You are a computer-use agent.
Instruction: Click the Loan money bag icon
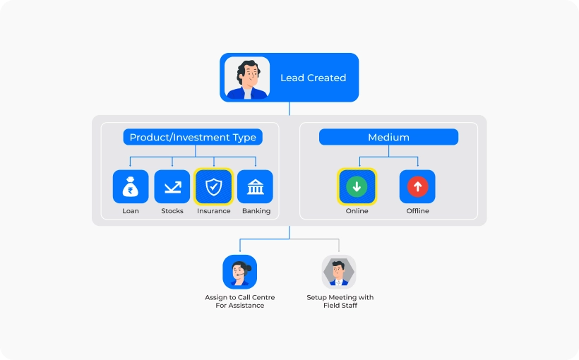(x=131, y=187)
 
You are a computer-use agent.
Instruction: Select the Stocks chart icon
(x=172, y=187)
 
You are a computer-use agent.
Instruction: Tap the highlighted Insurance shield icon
(x=213, y=187)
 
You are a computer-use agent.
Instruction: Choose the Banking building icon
(x=255, y=187)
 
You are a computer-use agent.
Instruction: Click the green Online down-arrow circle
(x=357, y=187)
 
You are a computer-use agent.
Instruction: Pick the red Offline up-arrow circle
(x=417, y=187)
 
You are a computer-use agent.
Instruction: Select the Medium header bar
(x=388, y=137)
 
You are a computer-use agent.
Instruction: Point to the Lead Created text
(x=313, y=78)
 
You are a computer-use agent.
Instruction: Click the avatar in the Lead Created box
(x=246, y=78)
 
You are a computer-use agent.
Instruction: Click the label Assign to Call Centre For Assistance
(x=240, y=301)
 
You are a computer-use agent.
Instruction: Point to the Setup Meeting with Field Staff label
(x=340, y=301)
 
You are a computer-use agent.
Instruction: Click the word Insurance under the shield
(x=213, y=211)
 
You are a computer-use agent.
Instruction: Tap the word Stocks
(x=172, y=211)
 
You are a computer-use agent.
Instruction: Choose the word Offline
(x=417, y=211)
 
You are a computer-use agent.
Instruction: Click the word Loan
(x=131, y=211)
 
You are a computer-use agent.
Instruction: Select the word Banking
(x=256, y=211)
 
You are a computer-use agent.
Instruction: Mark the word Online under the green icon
(x=357, y=211)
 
